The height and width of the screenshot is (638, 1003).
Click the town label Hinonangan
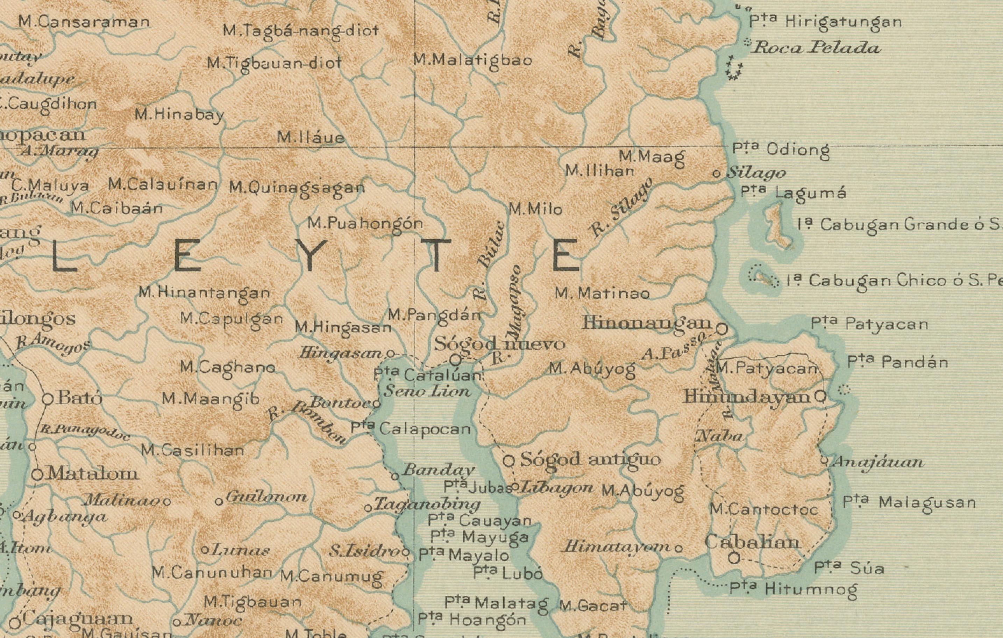(x=647, y=323)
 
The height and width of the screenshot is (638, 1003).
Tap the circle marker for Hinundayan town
(x=820, y=396)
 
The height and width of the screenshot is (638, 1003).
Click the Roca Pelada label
(x=816, y=48)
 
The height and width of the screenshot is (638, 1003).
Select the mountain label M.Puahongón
(x=365, y=224)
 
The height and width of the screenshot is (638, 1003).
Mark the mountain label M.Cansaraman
(x=84, y=22)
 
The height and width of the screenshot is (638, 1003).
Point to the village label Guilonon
(x=266, y=497)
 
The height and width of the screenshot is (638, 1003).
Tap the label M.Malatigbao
(x=473, y=60)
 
